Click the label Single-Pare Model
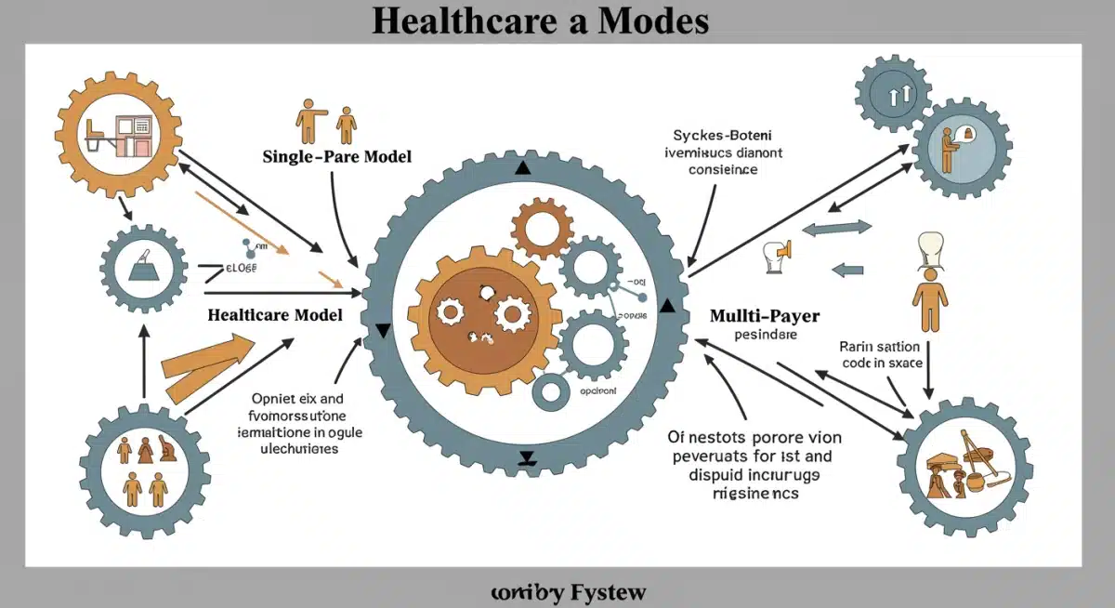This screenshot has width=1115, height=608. point(337,156)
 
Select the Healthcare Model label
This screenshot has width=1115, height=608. point(275,314)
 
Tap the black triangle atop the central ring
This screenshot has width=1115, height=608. point(521,168)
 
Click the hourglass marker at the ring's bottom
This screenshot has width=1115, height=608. point(527,457)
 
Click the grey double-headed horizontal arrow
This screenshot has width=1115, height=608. point(836,227)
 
